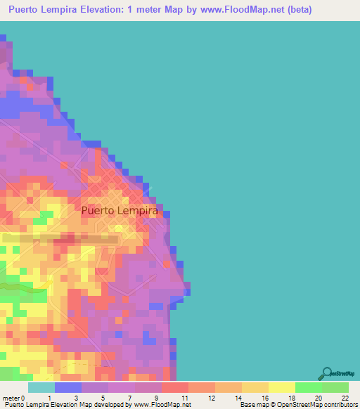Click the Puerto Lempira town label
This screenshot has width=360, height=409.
click(119, 210)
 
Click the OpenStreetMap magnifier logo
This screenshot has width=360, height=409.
click(326, 374)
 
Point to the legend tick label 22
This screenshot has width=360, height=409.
click(345, 397)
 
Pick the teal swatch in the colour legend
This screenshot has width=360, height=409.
click(41, 387)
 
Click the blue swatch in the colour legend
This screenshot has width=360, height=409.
click(67, 387)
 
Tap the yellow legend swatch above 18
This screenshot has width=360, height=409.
click(281, 387)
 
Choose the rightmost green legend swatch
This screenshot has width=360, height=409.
click(335, 387)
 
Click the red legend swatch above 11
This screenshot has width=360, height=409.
click(174, 387)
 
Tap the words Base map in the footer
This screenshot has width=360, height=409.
click(252, 405)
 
